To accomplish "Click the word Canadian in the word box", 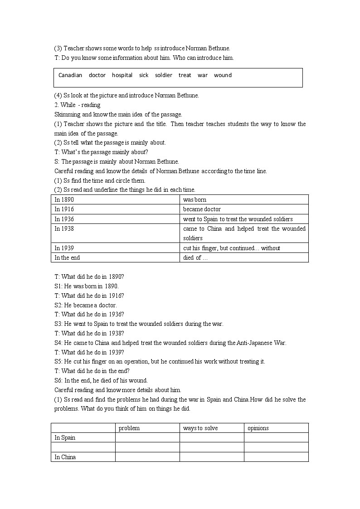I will click(70, 75).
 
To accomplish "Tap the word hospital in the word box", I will click(122, 75).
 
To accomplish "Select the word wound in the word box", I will click(223, 75).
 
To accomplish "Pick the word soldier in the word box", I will click(164, 75).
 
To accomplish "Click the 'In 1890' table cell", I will click(64, 199).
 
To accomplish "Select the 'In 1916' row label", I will click(64, 209).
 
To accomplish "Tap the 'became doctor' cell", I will click(202, 209).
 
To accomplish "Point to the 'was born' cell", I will click(195, 199).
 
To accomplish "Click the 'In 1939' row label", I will click(64, 248).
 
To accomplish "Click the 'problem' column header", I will click(129, 428).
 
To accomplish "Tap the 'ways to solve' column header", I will click(200, 428).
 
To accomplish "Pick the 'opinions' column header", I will click(258, 428).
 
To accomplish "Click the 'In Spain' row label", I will click(65, 437).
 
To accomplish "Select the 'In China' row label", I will click(65, 457).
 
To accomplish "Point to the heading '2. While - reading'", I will click(78, 105).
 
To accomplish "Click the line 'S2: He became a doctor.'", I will click(86, 305).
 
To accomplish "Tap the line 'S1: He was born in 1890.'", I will click(87, 286).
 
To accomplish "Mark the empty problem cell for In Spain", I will click(147, 437).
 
